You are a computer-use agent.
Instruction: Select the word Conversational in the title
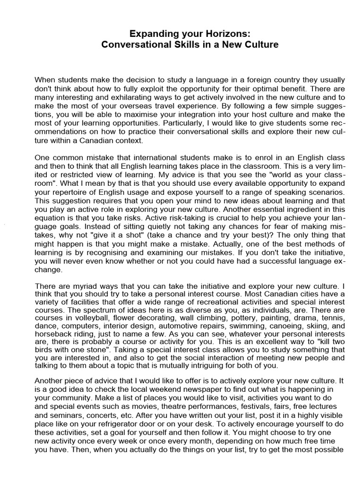pos(138,45)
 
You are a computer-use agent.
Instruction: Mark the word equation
pos(52,219)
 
